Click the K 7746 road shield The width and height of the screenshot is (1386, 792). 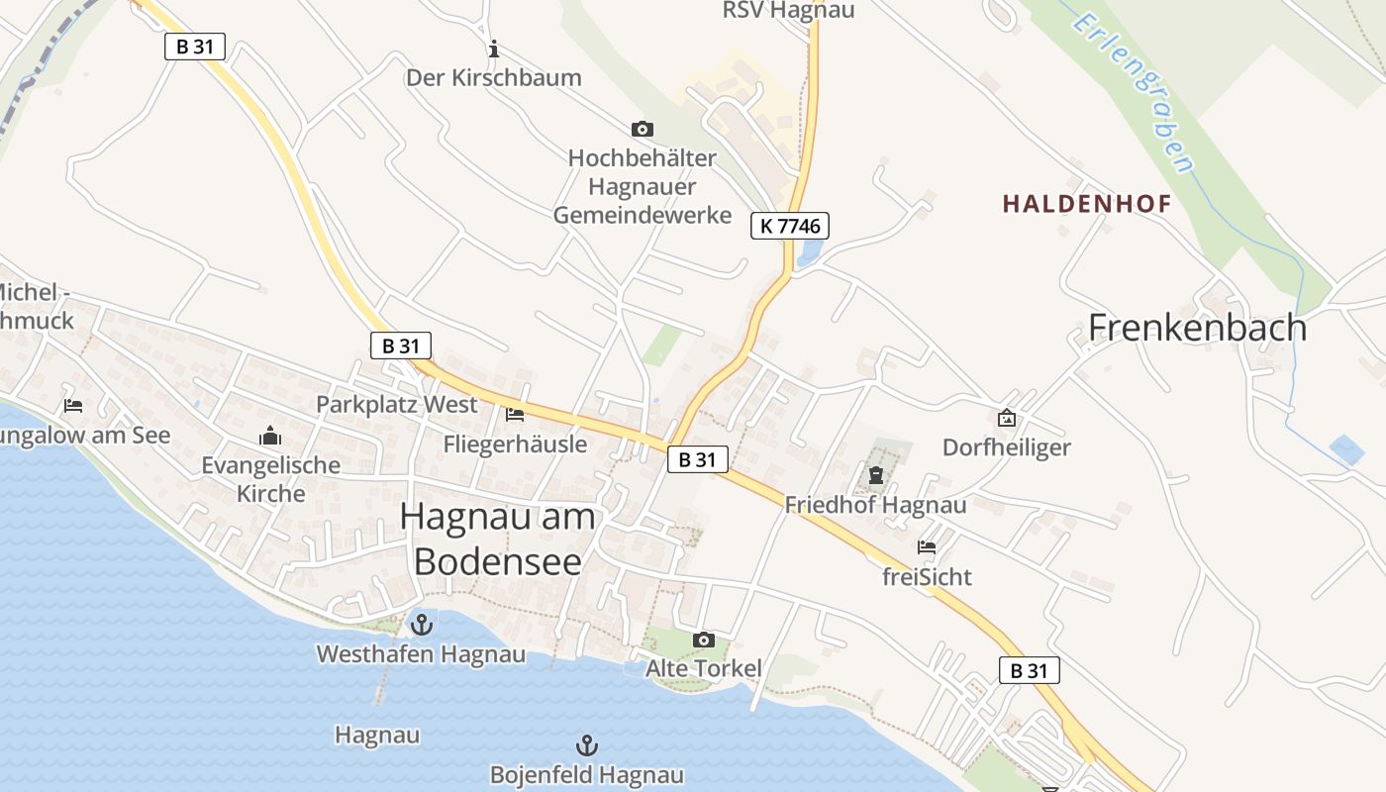coord(789,226)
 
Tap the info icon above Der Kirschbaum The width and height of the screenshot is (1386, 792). coord(494,48)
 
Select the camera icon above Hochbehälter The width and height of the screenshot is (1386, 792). coord(643,129)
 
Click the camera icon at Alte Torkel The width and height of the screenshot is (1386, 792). coord(704,641)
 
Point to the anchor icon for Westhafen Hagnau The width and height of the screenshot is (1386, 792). coord(422,625)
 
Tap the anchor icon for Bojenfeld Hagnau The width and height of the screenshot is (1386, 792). coord(587,744)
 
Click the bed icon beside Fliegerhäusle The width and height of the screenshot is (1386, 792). coord(515,414)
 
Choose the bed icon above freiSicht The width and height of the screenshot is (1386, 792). coord(927,545)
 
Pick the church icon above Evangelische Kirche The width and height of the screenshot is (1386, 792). coord(270,436)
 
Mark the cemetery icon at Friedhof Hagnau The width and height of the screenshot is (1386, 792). coord(876,476)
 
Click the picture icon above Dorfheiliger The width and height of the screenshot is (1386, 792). coord(1007,418)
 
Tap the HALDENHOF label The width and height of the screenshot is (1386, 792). coord(1087,204)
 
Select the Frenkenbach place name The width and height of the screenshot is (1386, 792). coord(1197,327)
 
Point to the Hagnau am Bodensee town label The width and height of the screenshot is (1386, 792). coord(498,538)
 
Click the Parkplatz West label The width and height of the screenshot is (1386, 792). coord(396,404)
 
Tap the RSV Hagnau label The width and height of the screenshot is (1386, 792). coord(788,11)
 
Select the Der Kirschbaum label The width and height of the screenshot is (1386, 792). coord(494,77)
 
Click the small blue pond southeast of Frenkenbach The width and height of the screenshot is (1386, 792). coord(1346,450)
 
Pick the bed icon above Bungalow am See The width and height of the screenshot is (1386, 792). coord(73,406)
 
